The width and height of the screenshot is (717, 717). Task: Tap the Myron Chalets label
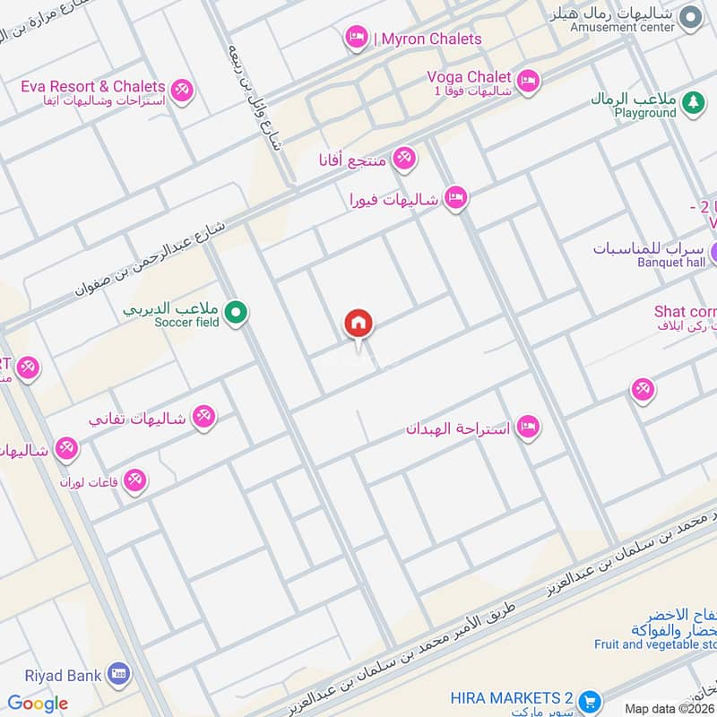pos(428,39)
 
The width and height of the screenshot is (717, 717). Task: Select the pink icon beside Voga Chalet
pos(529,81)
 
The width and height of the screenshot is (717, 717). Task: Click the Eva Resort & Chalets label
pos(93,86)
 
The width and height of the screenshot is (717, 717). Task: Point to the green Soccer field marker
pos(236,313)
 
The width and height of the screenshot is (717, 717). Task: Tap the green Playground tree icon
pos(691,104)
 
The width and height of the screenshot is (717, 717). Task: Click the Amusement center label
pos(623,27)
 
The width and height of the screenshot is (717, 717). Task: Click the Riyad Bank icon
pos(117,672)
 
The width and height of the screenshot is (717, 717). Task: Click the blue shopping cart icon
pos(589,700)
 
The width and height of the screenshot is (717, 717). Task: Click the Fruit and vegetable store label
pos(655,644)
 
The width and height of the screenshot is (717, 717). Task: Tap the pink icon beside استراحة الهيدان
pos(528,428)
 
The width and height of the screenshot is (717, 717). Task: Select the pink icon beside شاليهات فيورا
pos(456,198)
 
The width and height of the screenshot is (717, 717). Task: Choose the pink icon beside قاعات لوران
pos(135,481)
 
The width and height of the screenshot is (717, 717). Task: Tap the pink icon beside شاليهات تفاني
pos(204,417)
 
